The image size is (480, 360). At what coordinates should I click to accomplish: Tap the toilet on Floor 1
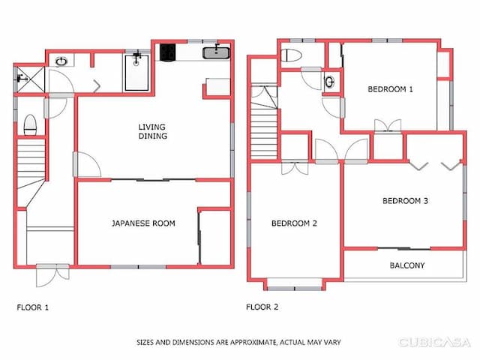[30, 125]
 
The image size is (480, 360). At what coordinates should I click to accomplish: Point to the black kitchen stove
[166, 52]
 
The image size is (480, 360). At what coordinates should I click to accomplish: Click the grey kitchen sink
[217, 52]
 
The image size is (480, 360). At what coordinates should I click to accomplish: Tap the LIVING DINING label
[152, 131]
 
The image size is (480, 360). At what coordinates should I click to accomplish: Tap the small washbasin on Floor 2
[329, 81]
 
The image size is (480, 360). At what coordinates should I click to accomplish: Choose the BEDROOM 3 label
[405, 200]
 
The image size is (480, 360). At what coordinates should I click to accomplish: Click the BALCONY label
[407, 265]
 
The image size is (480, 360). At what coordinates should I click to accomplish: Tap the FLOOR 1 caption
[33, 307]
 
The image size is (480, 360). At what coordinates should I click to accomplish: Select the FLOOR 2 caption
[262, 307]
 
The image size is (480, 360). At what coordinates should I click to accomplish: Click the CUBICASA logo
[435, 342]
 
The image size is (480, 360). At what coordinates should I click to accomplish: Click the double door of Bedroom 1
[387, 126]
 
